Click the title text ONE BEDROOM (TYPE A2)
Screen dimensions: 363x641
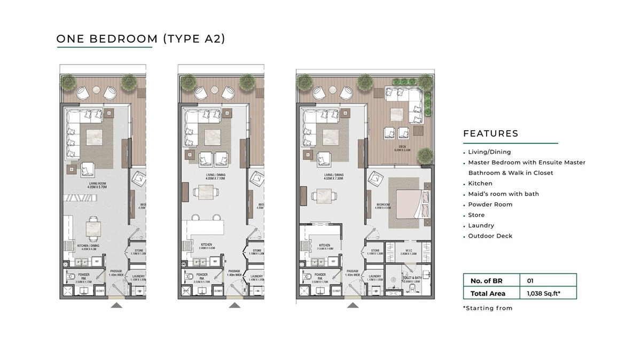click(140, 38)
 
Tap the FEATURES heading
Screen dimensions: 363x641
click(490, 133)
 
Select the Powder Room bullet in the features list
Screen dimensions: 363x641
click(490, 204)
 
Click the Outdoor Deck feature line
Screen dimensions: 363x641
click(490, 236)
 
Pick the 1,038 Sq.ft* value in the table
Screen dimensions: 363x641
click(543, 293)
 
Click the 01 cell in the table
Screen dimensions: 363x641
click(530, 280)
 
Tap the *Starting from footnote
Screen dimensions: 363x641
click(487, 308)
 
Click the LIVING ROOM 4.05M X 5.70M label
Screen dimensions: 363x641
click(99, 186)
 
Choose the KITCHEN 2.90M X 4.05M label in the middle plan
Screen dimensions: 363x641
click(207, 247)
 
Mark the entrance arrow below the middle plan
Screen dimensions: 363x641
click(234, 305)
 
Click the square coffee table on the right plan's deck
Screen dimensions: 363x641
click(397, 114)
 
